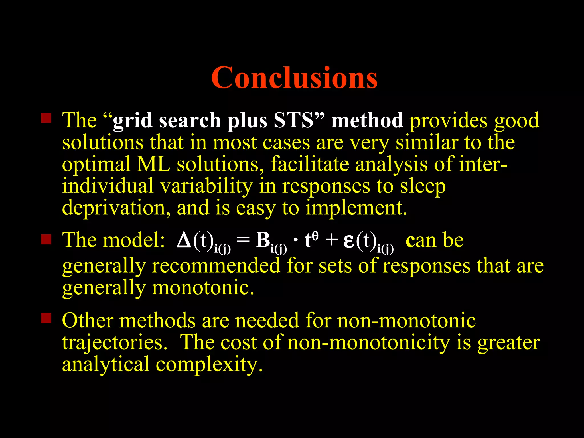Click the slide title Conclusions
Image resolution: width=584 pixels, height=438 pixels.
click(294, 78)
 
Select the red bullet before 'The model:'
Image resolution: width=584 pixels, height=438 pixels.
click(46, 240)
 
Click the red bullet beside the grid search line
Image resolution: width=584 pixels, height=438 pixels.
click(46, 118)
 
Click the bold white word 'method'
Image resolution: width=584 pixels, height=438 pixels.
click(367, 120)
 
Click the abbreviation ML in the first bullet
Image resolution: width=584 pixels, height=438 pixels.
click(154, 164)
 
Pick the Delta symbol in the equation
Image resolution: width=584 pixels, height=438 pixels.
click(184, 240)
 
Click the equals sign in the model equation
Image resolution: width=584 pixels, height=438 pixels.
click(243, 240)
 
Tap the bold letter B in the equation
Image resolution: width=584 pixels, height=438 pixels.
click(263, 240)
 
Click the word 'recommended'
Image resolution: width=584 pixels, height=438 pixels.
click(216, 266)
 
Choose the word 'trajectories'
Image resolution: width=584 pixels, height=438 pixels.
click(114, 342)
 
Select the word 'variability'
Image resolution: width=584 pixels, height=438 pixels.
click(206, 186)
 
